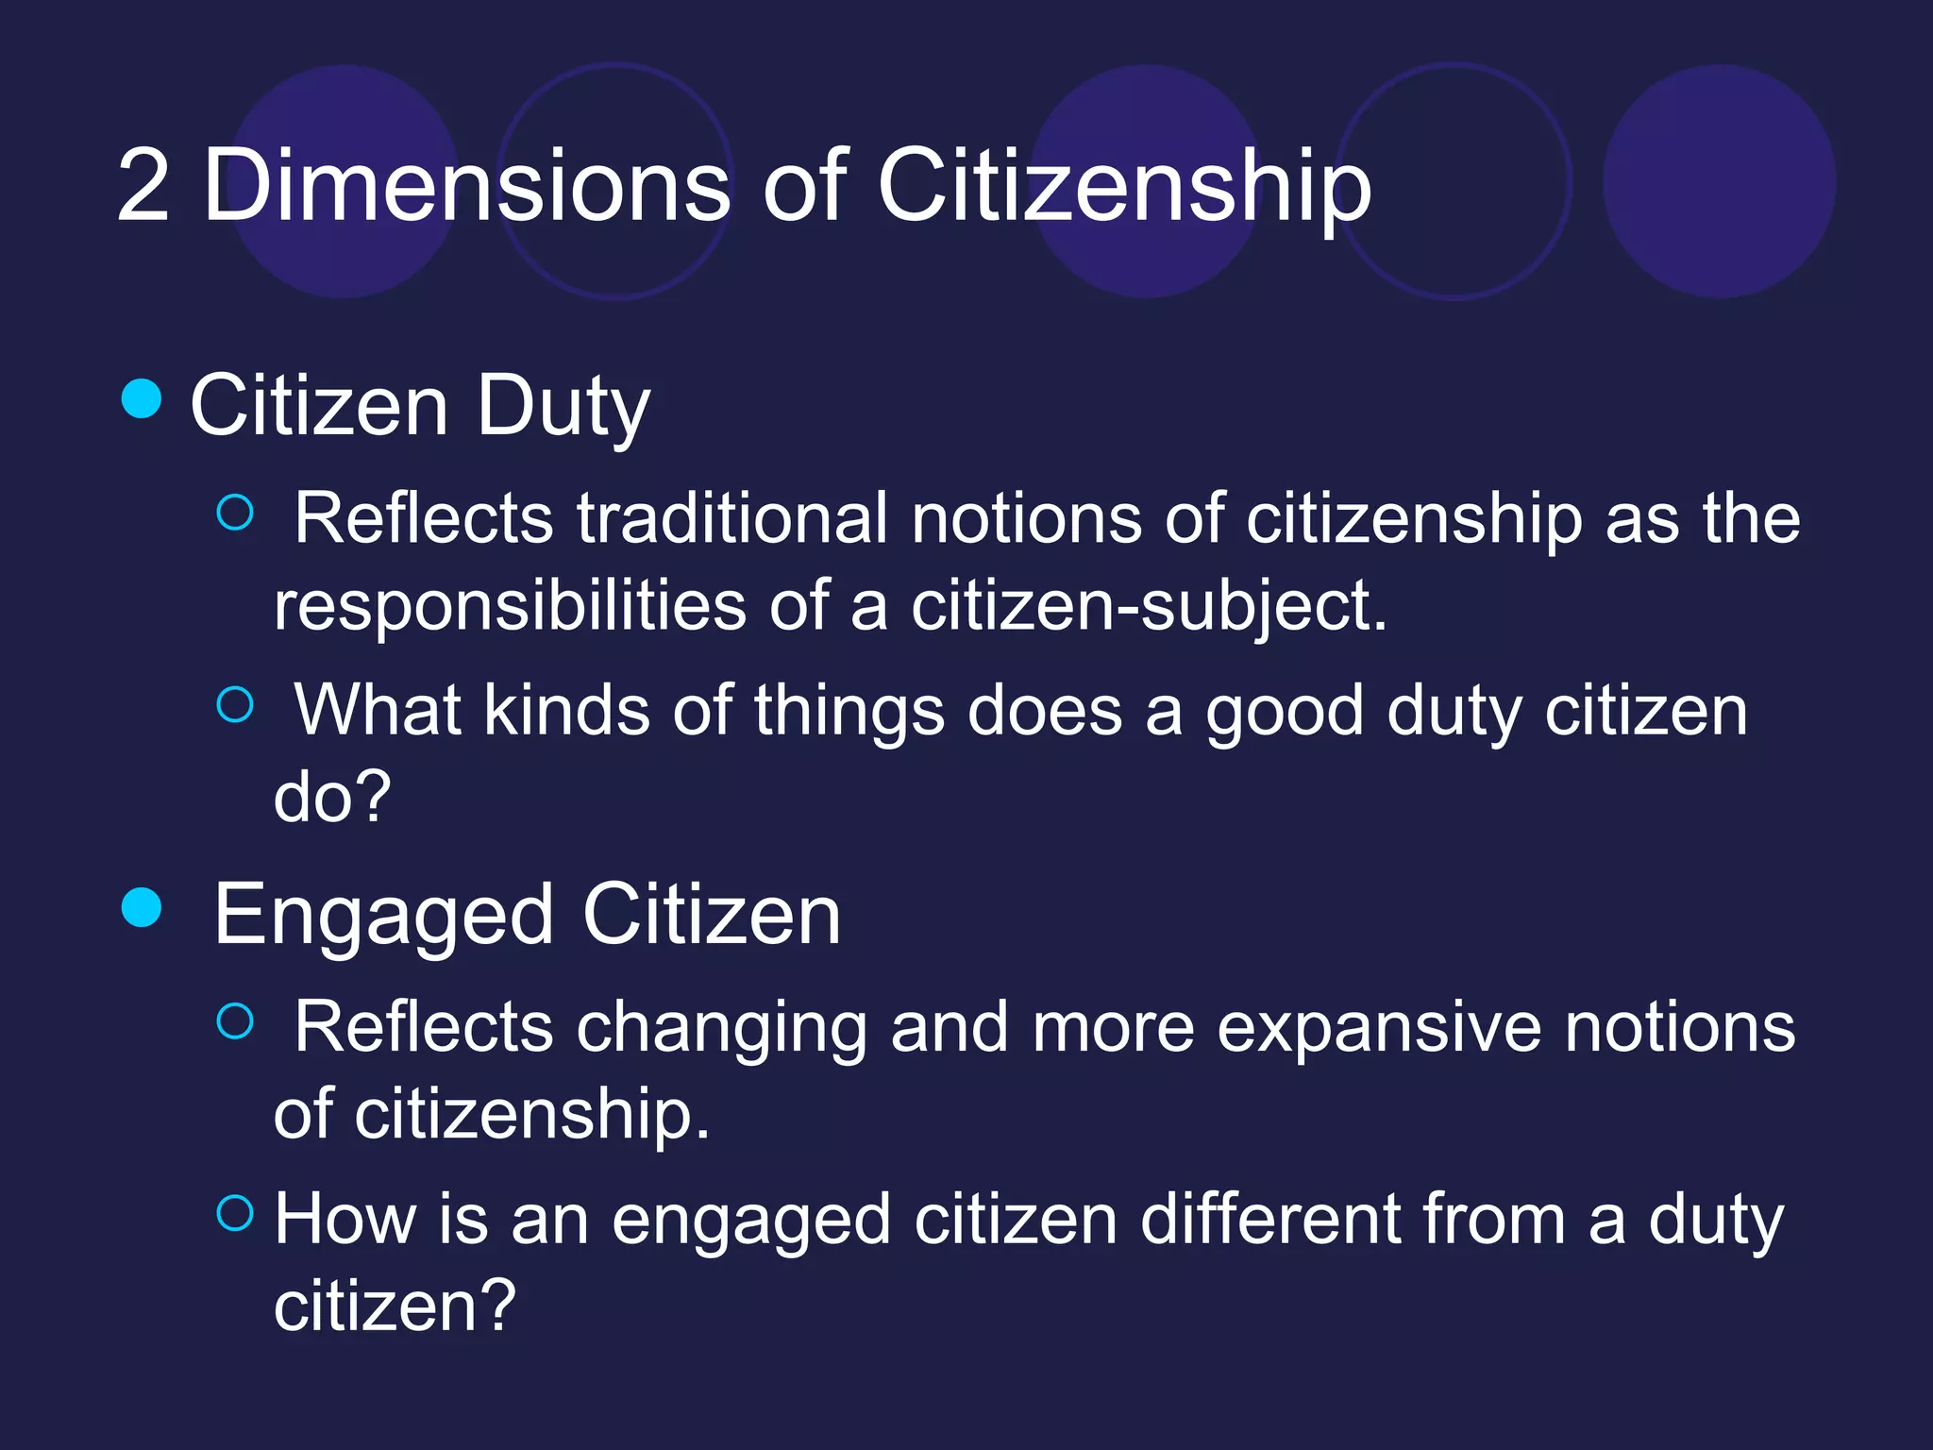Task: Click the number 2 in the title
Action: tap(143, 186)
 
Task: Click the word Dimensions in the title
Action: tap(466, 186)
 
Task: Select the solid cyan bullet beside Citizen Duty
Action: tap(142, 397)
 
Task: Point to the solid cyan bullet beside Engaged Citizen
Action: tap(142, 907)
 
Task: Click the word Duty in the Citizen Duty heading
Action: tap(563, 408)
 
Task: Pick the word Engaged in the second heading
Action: tap(383, 916)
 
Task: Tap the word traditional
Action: tap(732, 518)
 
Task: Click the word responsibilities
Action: tap(510, 605)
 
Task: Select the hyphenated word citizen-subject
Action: tap(1148, 605)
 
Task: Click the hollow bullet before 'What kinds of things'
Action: tap(235, 704)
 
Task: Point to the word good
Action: tap(1285, 711)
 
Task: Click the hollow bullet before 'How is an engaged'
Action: tap(235, 1212)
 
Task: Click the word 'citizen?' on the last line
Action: tap(395, 1306)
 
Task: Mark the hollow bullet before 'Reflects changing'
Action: tap(235, 1020)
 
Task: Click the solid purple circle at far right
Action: tap(1719, 181)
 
